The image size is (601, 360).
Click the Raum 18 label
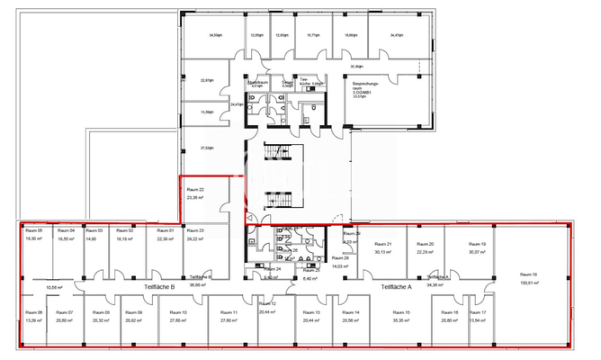[528, 275]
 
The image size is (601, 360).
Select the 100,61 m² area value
[528, 283]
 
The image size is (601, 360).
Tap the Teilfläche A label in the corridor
[397, 287]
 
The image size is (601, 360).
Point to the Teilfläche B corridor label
[159, 287]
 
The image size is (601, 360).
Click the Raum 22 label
[195, 190]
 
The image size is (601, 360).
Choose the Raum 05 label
[34, 231]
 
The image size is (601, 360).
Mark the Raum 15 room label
[401, 312]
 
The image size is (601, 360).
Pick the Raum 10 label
[178, 312]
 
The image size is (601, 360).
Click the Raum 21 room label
[383, 245]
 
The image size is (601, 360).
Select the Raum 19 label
[477, 245]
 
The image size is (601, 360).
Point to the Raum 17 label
[478, 312]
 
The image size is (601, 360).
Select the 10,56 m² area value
[53, 287]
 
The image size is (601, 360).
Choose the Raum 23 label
[195, 231]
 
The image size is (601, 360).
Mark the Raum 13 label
[312, 312]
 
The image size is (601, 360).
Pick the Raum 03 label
[92, 231]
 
